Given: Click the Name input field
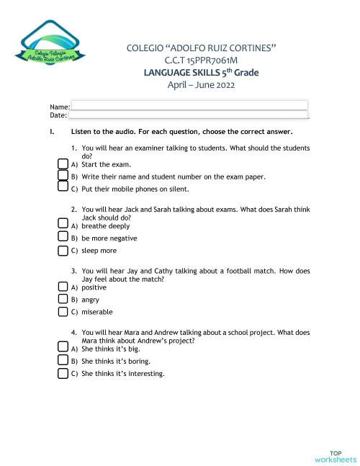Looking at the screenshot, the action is (189, 105).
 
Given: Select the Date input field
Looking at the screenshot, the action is (189, 115).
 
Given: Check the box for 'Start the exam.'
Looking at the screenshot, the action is (62, 164).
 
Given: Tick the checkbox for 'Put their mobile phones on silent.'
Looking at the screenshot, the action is (62, 189).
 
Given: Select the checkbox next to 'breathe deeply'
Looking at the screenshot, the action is (62, 225).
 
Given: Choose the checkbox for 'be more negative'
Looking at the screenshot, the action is (62, 238).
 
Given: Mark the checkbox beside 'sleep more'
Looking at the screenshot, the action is (62, 251).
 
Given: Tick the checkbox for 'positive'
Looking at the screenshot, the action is (62, 287).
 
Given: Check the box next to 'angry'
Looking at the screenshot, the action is (62, 300).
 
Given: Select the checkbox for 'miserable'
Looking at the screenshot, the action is (62, 313).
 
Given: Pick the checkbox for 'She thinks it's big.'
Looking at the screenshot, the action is (62, 348).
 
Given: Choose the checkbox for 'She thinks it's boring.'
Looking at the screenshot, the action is (62, 361).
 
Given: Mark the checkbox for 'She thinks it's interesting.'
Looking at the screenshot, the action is (62, 374).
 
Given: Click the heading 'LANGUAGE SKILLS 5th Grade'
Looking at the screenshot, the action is (201, 73).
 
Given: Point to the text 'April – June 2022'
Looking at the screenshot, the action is (201, 85).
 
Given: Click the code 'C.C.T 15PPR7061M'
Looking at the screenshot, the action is (201, 61).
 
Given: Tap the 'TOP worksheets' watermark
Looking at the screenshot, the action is (335, 455).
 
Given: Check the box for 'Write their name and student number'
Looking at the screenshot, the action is (62, 176).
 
